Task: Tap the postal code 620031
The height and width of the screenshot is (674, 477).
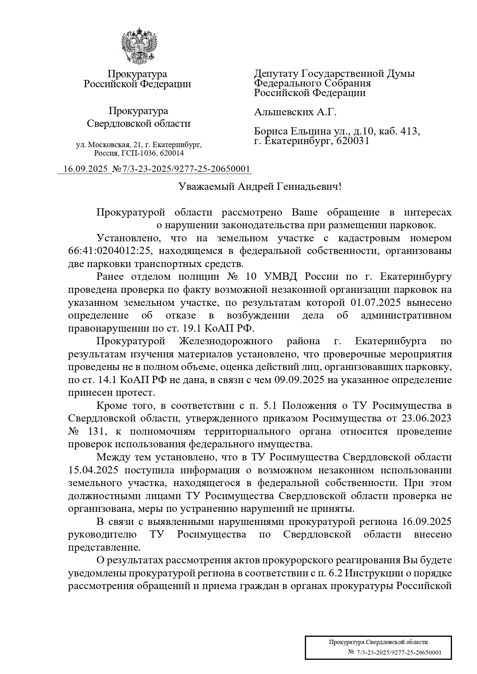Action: tap(352, 141)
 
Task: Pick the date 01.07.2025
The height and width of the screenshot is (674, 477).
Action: tap(376, 303)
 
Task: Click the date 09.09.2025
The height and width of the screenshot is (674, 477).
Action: tap(298, 380)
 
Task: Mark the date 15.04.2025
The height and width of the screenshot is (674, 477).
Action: tap(93, 470)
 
